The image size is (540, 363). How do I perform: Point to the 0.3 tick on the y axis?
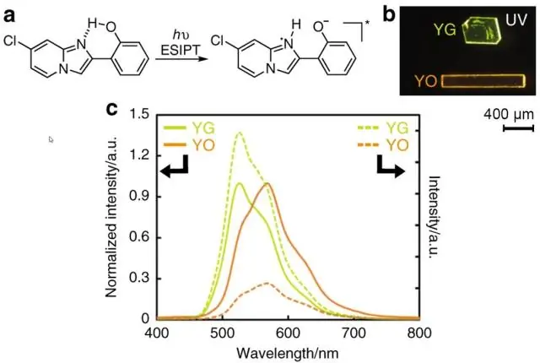pos(141,278)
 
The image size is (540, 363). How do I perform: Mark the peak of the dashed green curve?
pos(240,133)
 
